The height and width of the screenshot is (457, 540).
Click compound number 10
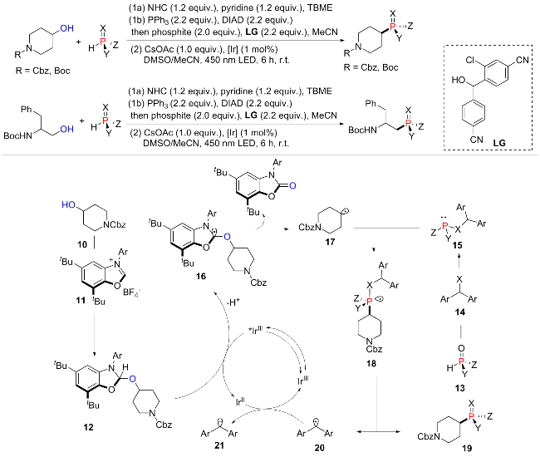pyautogui.click(x=82, y=244)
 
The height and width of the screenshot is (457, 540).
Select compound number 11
pyautogui.click(x=81, y=301)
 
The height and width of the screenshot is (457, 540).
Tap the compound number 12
pyautogui.click(x=88, y=427)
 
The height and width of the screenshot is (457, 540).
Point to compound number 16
pyautogui.click(x=201, y=276)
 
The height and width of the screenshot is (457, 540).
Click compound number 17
pyautogui.click(x=330, y=242)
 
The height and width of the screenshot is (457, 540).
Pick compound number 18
pyautogui.click(x=371, y=364)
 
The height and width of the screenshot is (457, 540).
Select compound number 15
pyautogui.click(x=458, y=245)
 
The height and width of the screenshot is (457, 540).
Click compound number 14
pyautogui.click(x=459, y=312)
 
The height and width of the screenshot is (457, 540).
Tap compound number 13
pyautogui.click(x=459, y=389)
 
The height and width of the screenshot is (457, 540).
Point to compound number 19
pyautogui.click(x=467, y=448)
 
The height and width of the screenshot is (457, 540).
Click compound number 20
pyautogui.click(x=319, y=448)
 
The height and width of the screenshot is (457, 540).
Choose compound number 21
pyautogui.click(x=219, y=445)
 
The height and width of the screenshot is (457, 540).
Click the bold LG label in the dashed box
pyautogui.click(x=498, y=143)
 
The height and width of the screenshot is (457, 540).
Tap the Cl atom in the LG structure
pyautogui.click(x=470, y=61)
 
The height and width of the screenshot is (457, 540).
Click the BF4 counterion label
pyautogui.click(x=131, y=292)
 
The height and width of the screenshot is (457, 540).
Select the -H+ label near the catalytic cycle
pyautogui.click(x=233, y=302)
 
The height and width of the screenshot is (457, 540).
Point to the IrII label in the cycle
pyautogui.click(x=240, y=401)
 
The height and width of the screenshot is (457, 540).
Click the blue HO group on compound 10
pyautogui.click(x=68, y=205)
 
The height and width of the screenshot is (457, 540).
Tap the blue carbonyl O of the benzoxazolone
pyautogui.click(x=292, y=186)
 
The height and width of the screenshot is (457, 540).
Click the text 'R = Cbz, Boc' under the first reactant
pyautogui.click(x=42, y=71)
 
